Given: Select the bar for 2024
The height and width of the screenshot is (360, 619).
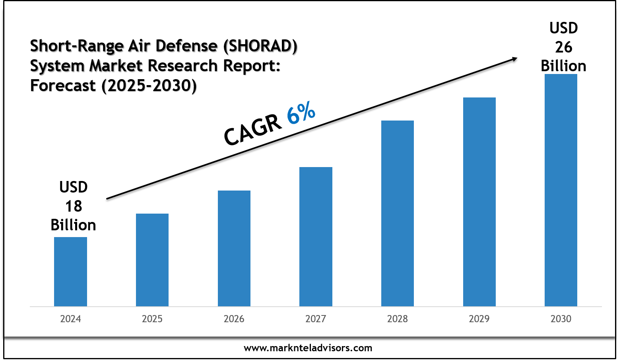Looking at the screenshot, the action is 70,272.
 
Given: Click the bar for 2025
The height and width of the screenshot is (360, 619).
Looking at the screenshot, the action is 152,260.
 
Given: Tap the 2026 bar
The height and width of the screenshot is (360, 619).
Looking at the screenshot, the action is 234,248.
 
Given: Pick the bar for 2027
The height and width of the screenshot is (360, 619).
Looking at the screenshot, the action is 316,237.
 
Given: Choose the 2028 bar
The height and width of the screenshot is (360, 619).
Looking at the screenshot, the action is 398,214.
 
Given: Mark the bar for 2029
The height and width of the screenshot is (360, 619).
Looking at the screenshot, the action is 479,202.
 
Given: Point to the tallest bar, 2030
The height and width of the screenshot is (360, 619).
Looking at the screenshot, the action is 561,190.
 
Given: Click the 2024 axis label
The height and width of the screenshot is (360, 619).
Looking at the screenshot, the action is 70,319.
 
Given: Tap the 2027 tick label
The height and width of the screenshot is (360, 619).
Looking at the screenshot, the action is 316,319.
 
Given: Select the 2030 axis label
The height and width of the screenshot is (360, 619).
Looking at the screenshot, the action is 561,319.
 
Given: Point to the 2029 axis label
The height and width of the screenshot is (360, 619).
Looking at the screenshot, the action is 479,319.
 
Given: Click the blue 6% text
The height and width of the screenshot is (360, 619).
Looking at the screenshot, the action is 301,112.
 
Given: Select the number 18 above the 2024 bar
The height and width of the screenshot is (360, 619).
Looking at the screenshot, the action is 74,206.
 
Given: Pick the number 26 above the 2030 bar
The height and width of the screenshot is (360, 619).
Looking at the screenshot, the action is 564,47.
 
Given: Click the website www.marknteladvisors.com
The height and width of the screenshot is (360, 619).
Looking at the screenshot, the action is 308,348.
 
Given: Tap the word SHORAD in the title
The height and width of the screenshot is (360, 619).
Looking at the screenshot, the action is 260,46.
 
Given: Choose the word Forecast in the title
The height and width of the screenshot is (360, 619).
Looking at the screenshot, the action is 63,86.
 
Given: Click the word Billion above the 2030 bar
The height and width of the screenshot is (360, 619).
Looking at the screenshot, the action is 563,66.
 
